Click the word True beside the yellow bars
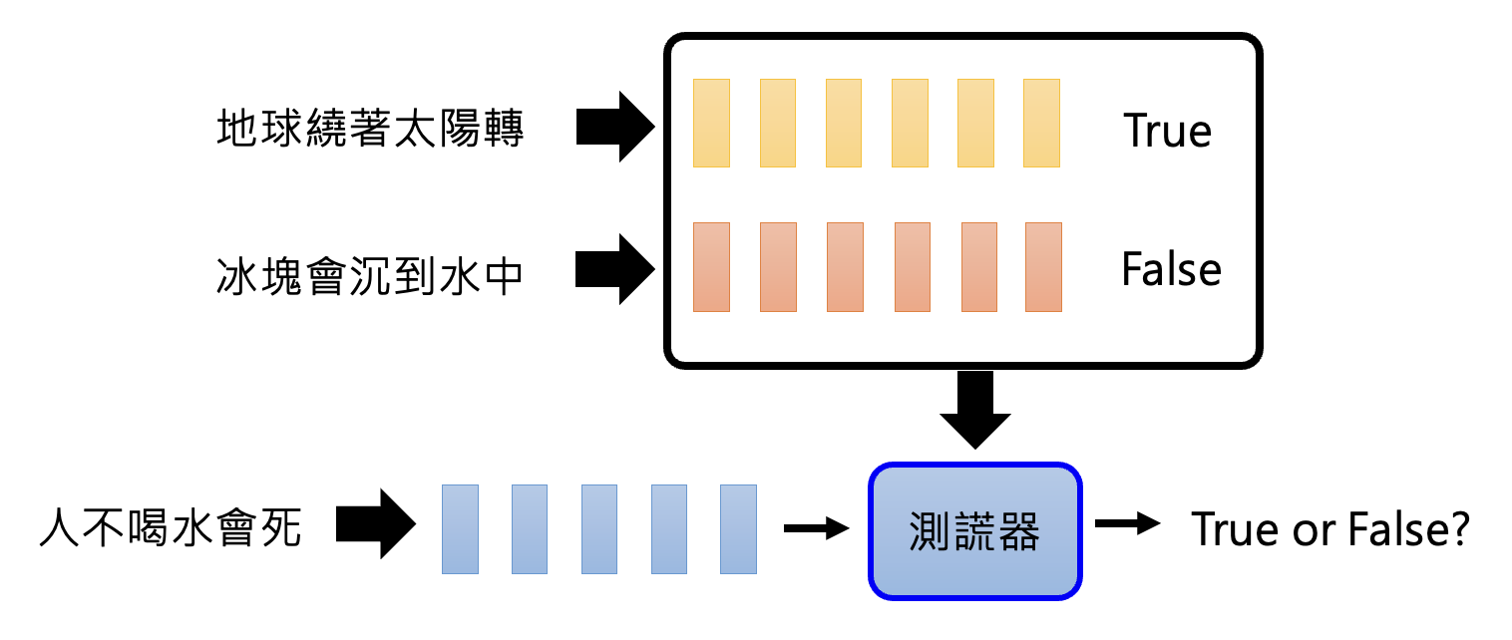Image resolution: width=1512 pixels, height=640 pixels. [x=1167, y=131]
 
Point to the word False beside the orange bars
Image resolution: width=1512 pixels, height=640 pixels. [x=1171, y=269]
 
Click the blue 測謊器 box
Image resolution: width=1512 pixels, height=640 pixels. [x=974, y=530]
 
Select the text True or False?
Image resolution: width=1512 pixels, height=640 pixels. [x=1330, y=529]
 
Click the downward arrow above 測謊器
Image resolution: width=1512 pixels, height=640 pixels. [x=973, y=409]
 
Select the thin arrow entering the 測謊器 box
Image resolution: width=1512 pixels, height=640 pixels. [x=816, y=527]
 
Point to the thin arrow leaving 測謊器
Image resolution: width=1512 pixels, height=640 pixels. [x=1127, y=524]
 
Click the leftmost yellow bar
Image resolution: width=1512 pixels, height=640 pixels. [x=712, y=123]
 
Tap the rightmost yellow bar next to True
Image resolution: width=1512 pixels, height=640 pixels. [x=1041, y=123]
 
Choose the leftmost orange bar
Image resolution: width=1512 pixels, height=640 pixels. [x=712, y=267]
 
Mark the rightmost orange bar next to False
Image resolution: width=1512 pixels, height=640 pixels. [x=1043, y=267]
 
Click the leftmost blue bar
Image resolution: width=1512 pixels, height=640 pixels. [x=460, y=528]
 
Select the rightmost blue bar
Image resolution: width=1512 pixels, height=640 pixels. [x=738, y=528]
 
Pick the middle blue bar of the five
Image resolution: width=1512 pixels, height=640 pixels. [x=599, y=528]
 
